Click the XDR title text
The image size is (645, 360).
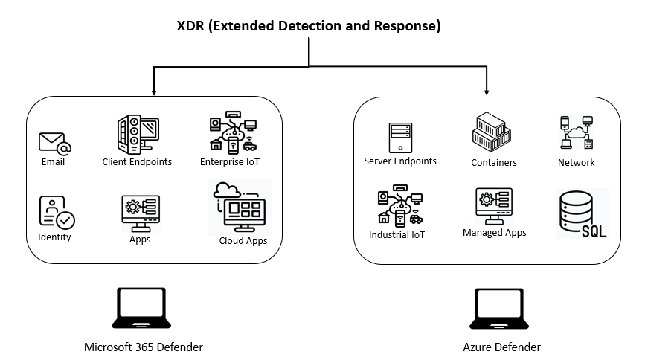click(309, 27)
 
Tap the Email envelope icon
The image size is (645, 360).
click(54, 142)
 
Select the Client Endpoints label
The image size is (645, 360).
click(137, 162)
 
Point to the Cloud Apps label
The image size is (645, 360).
click(243, 241)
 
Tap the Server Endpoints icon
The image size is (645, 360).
click(400, 138)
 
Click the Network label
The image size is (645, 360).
click(577, 162)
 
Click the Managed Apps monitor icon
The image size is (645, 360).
click(494, 206)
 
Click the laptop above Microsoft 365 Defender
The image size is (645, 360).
click(142, 309)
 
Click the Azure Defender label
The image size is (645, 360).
click(501, 347)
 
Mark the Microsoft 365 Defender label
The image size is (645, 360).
click(143, 347)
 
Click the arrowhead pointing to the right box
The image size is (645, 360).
click(487, 92)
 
